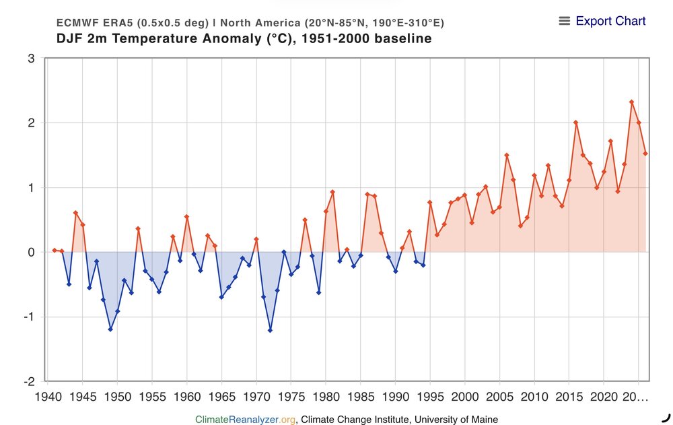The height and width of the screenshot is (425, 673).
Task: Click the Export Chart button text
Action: click(x=610, y=21)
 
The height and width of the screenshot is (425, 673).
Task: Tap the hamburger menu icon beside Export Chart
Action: click(x=565, y=21)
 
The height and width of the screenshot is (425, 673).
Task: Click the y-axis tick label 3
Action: click(x=31, y=59)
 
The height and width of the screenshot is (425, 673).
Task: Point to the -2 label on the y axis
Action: click(x=28, y=381)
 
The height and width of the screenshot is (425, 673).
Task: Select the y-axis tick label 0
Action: click(x=31, y=252)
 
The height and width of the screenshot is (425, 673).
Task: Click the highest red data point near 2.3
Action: click(x=631, y=102)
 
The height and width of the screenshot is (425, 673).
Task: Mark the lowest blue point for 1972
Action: click(x=270, y=330)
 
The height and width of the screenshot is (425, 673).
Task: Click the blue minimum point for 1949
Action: click(x=110, y=329)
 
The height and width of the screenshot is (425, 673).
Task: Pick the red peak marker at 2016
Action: click(x=576, y=123)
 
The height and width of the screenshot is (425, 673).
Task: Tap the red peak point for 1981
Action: click(x=332, y=192)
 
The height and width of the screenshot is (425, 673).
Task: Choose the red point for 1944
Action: click(x=75, y=213)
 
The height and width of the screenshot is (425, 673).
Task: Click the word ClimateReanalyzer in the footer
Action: click(x=238, y=420)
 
